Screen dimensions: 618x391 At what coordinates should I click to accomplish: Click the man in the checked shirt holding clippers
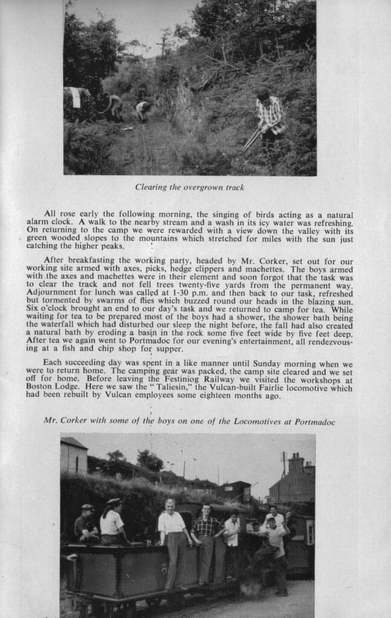[x=269, y=119]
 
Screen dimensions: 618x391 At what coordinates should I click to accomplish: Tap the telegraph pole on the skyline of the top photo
[x=162, y=45]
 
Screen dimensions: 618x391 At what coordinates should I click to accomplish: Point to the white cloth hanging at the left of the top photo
[x=76, y=97]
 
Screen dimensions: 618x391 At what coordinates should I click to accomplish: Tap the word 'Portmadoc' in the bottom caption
[x=315, y=421]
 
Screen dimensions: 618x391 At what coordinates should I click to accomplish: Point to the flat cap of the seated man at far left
[x=87, y=507]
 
